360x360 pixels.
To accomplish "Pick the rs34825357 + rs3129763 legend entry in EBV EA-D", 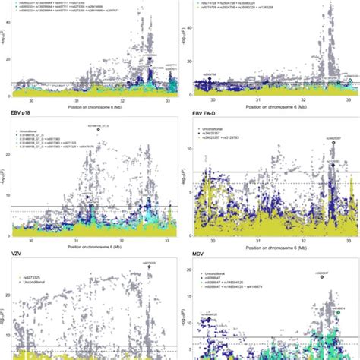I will [x=231, y=144].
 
